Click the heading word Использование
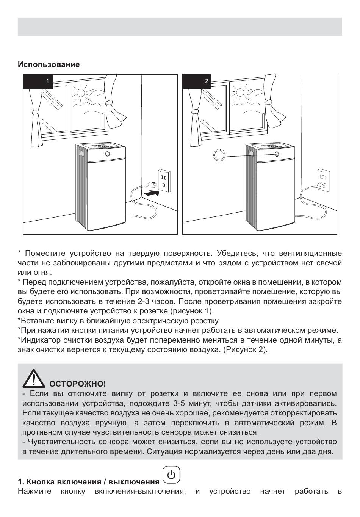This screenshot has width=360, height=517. (x=49, y=64)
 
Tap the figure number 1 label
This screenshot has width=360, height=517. (x=47, y=81)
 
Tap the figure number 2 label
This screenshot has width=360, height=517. (x=207, y=81)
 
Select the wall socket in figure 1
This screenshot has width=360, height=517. (x=164, y=180)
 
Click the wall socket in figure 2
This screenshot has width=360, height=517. (x=323, y=180)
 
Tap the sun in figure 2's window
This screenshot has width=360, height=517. (x=239, y=92)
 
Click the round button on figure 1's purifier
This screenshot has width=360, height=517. (x=108, y=154)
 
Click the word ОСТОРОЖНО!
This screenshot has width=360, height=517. (x=78, y=384)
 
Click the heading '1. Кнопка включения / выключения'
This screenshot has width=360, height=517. (x=89, y=482)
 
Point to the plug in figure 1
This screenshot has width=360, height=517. (x=150, y=185)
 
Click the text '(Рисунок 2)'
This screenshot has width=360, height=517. (x=245, y=349)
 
